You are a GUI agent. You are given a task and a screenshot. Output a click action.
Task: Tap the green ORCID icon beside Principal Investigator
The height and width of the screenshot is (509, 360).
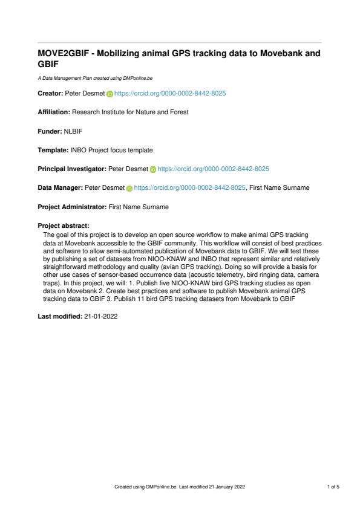(x=153, y=169)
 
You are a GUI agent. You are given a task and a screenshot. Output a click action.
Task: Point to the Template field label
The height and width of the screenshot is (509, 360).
(x=53, y=151)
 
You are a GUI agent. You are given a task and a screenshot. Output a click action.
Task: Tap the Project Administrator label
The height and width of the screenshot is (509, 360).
(x=72, y=207)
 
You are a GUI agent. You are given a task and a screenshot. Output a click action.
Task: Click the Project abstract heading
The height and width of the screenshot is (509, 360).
(x=63, y=225)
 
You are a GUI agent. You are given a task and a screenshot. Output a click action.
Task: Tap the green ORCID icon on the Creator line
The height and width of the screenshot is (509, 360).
(x=110, y=95)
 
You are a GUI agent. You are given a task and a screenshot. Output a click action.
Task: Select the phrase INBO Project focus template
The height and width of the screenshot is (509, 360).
(x=111, y=151)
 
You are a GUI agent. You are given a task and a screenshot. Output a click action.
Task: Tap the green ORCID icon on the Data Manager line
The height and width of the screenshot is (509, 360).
(x=129, y=189)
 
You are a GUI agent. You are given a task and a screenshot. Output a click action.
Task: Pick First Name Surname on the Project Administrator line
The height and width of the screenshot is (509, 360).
(x=138, y=207)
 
